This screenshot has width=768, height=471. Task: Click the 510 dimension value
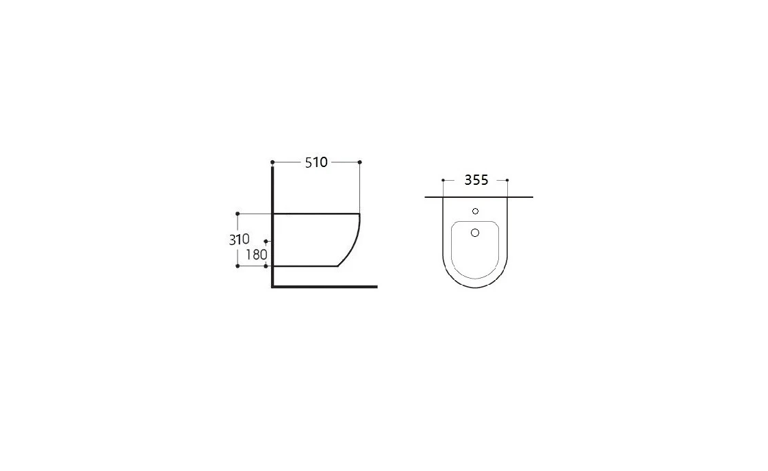(316, 163)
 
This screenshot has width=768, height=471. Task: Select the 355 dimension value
(476, 180)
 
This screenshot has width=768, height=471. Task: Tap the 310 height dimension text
(239, 240)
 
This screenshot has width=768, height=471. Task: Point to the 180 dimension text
(256, 255)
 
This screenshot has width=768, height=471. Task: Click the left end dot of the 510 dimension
(272, 162)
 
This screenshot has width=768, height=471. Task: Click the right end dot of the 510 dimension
(359, 162)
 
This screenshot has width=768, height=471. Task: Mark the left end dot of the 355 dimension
(444, 180)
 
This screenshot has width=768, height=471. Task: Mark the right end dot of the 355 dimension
(507, 180)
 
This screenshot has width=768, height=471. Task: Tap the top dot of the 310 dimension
(238, 214)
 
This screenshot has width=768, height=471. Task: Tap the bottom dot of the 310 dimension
(238, 266)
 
